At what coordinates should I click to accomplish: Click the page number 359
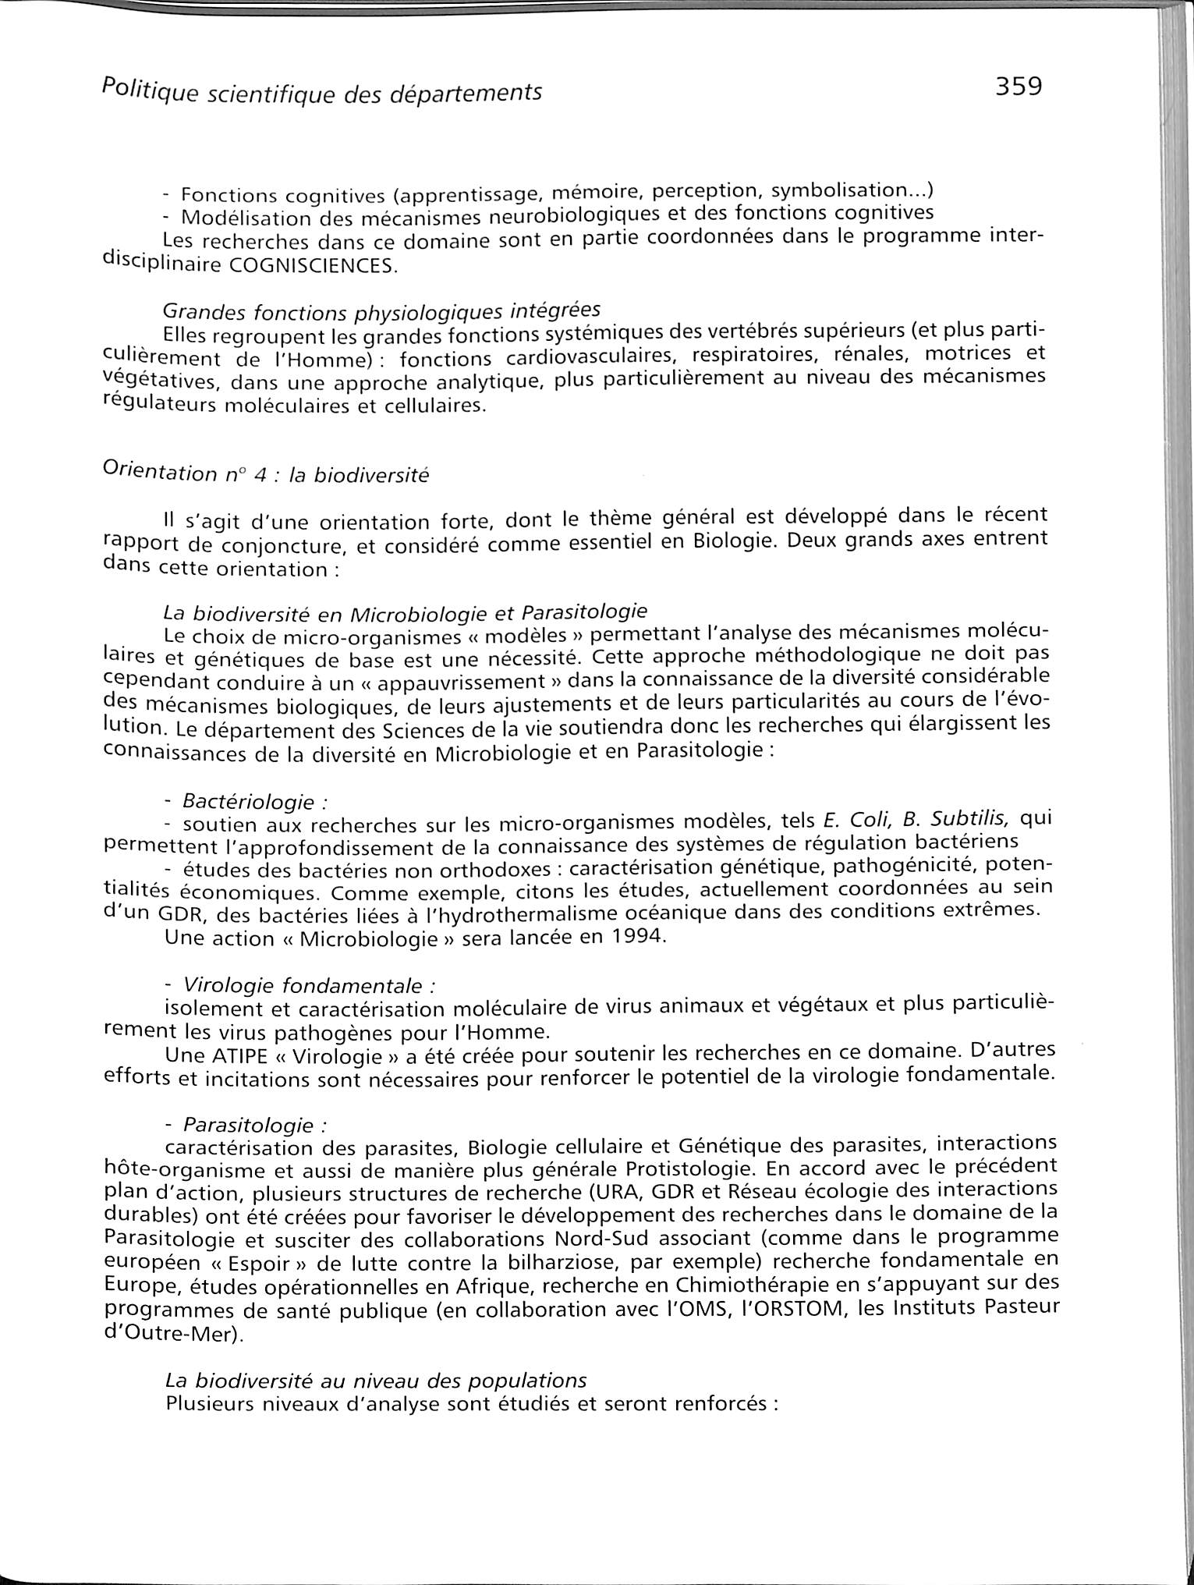(x=1018, y=85)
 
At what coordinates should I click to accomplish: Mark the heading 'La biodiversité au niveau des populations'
(x=375, y=1379)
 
